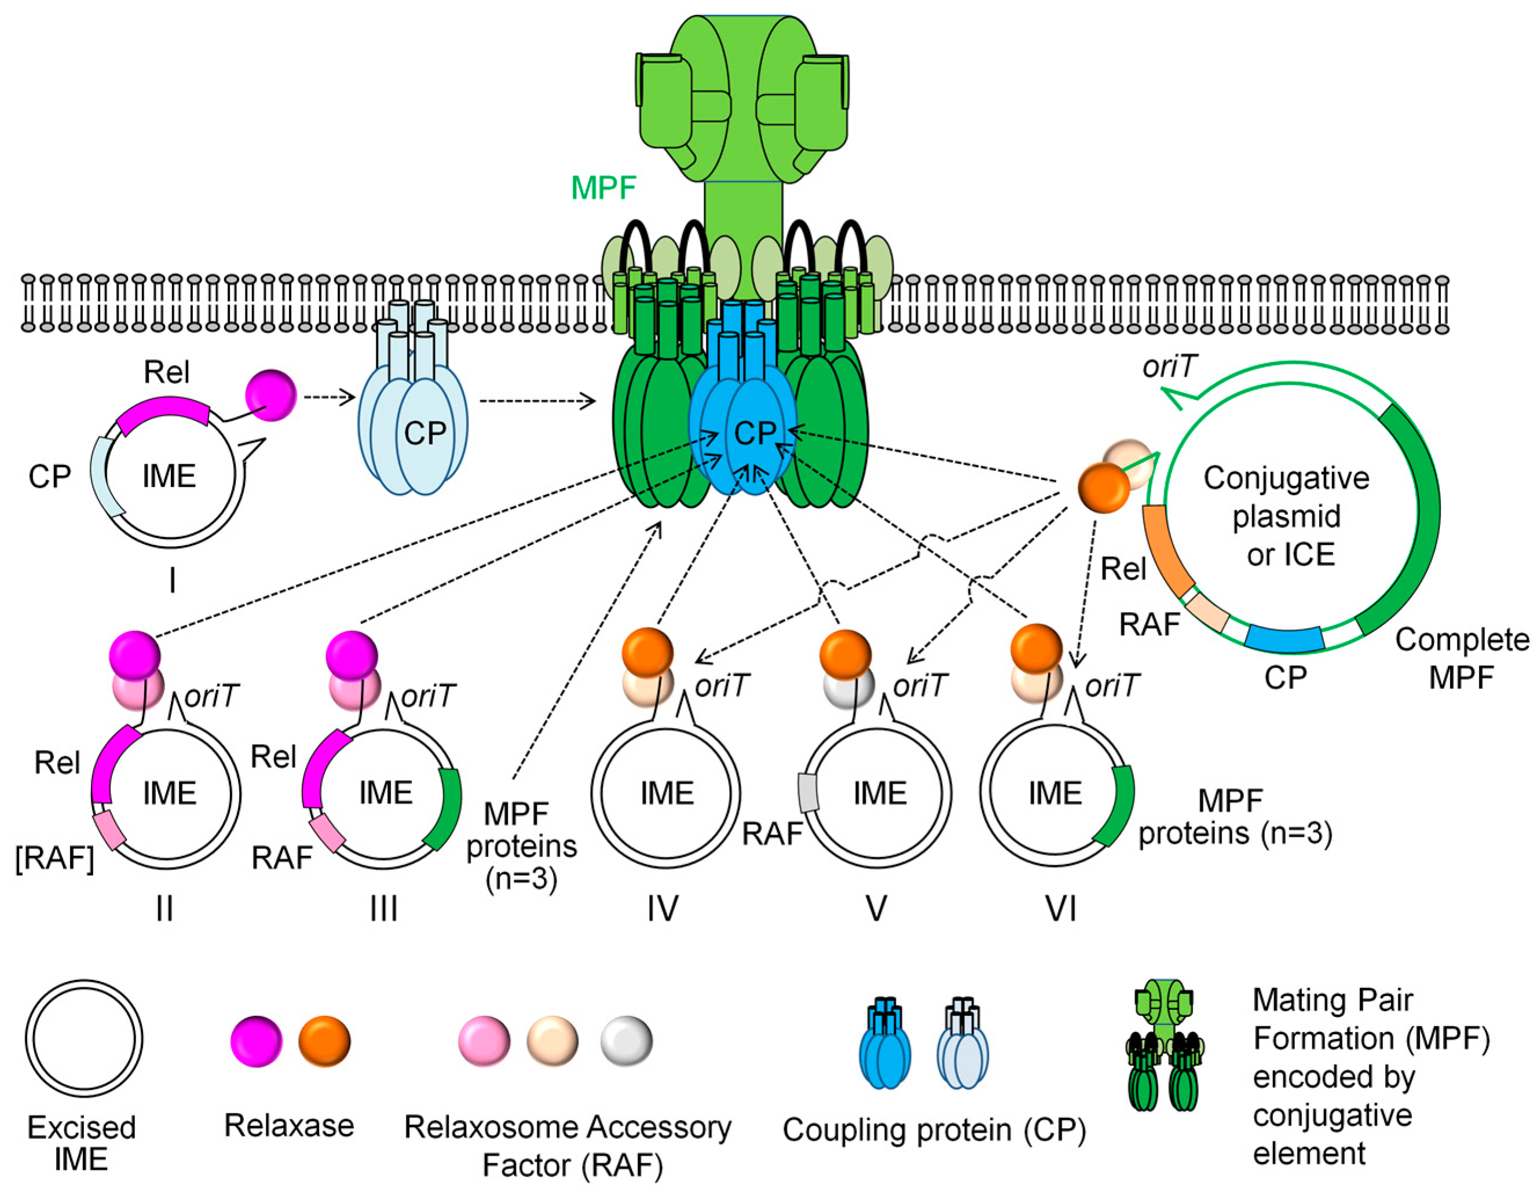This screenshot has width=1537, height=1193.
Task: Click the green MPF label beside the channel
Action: [603, 188]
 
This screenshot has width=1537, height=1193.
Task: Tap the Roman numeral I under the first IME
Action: [173, 581]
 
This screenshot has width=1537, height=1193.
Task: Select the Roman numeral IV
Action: [663, 908]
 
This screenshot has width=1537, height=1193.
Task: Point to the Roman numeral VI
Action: [1060, 908]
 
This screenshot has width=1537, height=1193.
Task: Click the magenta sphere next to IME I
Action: [270, 396]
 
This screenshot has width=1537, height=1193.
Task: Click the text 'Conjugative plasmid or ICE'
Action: [1286, 516]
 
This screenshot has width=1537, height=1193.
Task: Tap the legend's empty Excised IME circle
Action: [84, 1039]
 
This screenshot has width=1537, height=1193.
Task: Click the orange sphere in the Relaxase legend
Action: [324, 1040]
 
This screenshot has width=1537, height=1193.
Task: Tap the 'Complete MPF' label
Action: [1462, 658]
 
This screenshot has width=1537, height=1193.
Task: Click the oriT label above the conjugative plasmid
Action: [1170, 367]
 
